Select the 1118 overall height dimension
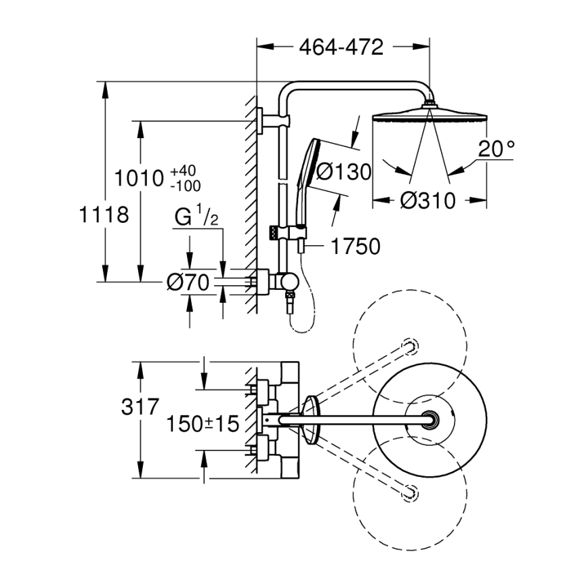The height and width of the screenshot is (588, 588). point(104,215)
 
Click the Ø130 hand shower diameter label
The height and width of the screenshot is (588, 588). point(343,172)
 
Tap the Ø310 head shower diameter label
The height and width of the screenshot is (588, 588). point(426,201)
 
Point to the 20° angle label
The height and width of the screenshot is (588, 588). point(496,150)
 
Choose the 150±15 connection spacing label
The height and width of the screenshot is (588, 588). point(203,424)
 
